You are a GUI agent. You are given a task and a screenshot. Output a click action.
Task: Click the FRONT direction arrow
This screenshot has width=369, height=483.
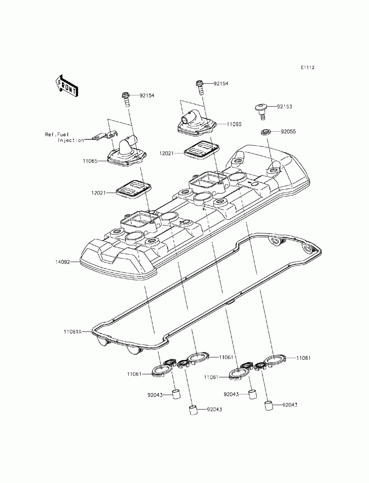click(66, 86)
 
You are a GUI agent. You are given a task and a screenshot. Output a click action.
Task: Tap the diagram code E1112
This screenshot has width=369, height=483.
click(307, 68)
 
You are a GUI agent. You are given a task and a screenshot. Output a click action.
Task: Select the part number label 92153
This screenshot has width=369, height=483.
click(284, 107)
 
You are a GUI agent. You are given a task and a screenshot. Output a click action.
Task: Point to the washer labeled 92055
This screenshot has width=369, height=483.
click(266, 132)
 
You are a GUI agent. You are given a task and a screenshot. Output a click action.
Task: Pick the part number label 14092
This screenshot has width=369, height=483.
click(62, 262)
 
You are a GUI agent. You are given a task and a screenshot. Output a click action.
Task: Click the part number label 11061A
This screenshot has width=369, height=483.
click(73, 338)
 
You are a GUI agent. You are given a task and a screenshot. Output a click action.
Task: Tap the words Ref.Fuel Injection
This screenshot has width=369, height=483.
click(64, 137)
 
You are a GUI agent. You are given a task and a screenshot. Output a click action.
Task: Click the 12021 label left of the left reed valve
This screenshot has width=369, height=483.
click(99, 193)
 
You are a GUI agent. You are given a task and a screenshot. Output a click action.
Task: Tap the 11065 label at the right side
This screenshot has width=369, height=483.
click(234, 124)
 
